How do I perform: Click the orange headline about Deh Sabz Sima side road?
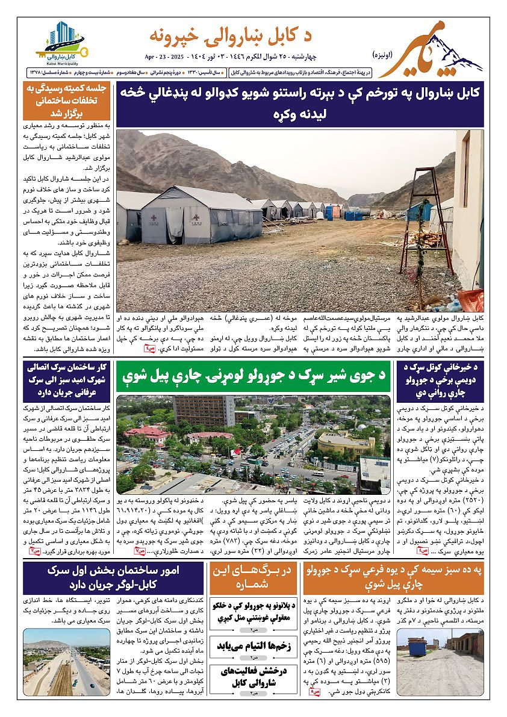[394, 577]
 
